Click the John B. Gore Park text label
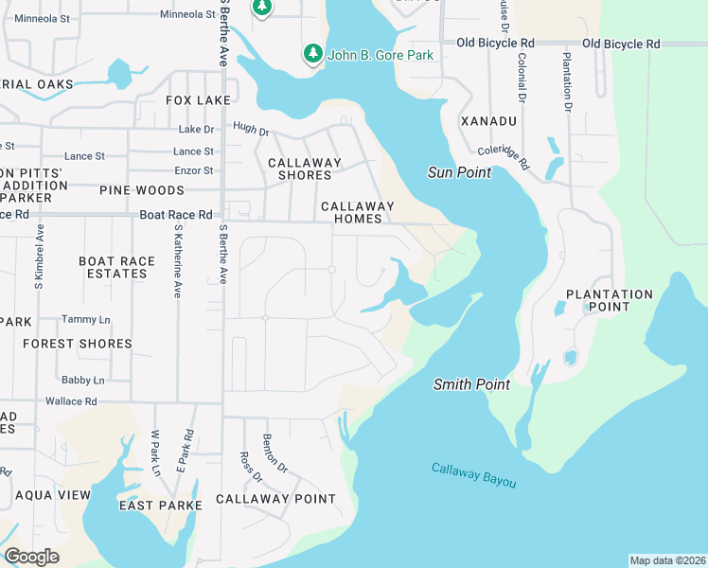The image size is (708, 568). coord(380,55)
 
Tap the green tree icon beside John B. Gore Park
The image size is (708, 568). coord(312,55)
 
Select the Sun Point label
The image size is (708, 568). coord(460,172)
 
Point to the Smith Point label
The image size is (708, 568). coord(471,384)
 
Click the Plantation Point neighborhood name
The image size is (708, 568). coord(610,301)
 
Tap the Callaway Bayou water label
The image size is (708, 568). coord(474,475)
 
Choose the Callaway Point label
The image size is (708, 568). coord(275,499)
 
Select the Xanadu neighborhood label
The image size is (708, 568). coord(488,121)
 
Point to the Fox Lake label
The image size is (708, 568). coord(198,99)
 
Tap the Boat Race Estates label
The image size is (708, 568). coord(116,267)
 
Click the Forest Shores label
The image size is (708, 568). coord(78,344)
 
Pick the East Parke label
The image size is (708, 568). coord(160,506)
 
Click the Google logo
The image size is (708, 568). coord(31,557)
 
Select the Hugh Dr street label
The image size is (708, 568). coord(251,127)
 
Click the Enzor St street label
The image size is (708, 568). coord(193,170)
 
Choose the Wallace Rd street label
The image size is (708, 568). coord(71,401)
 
